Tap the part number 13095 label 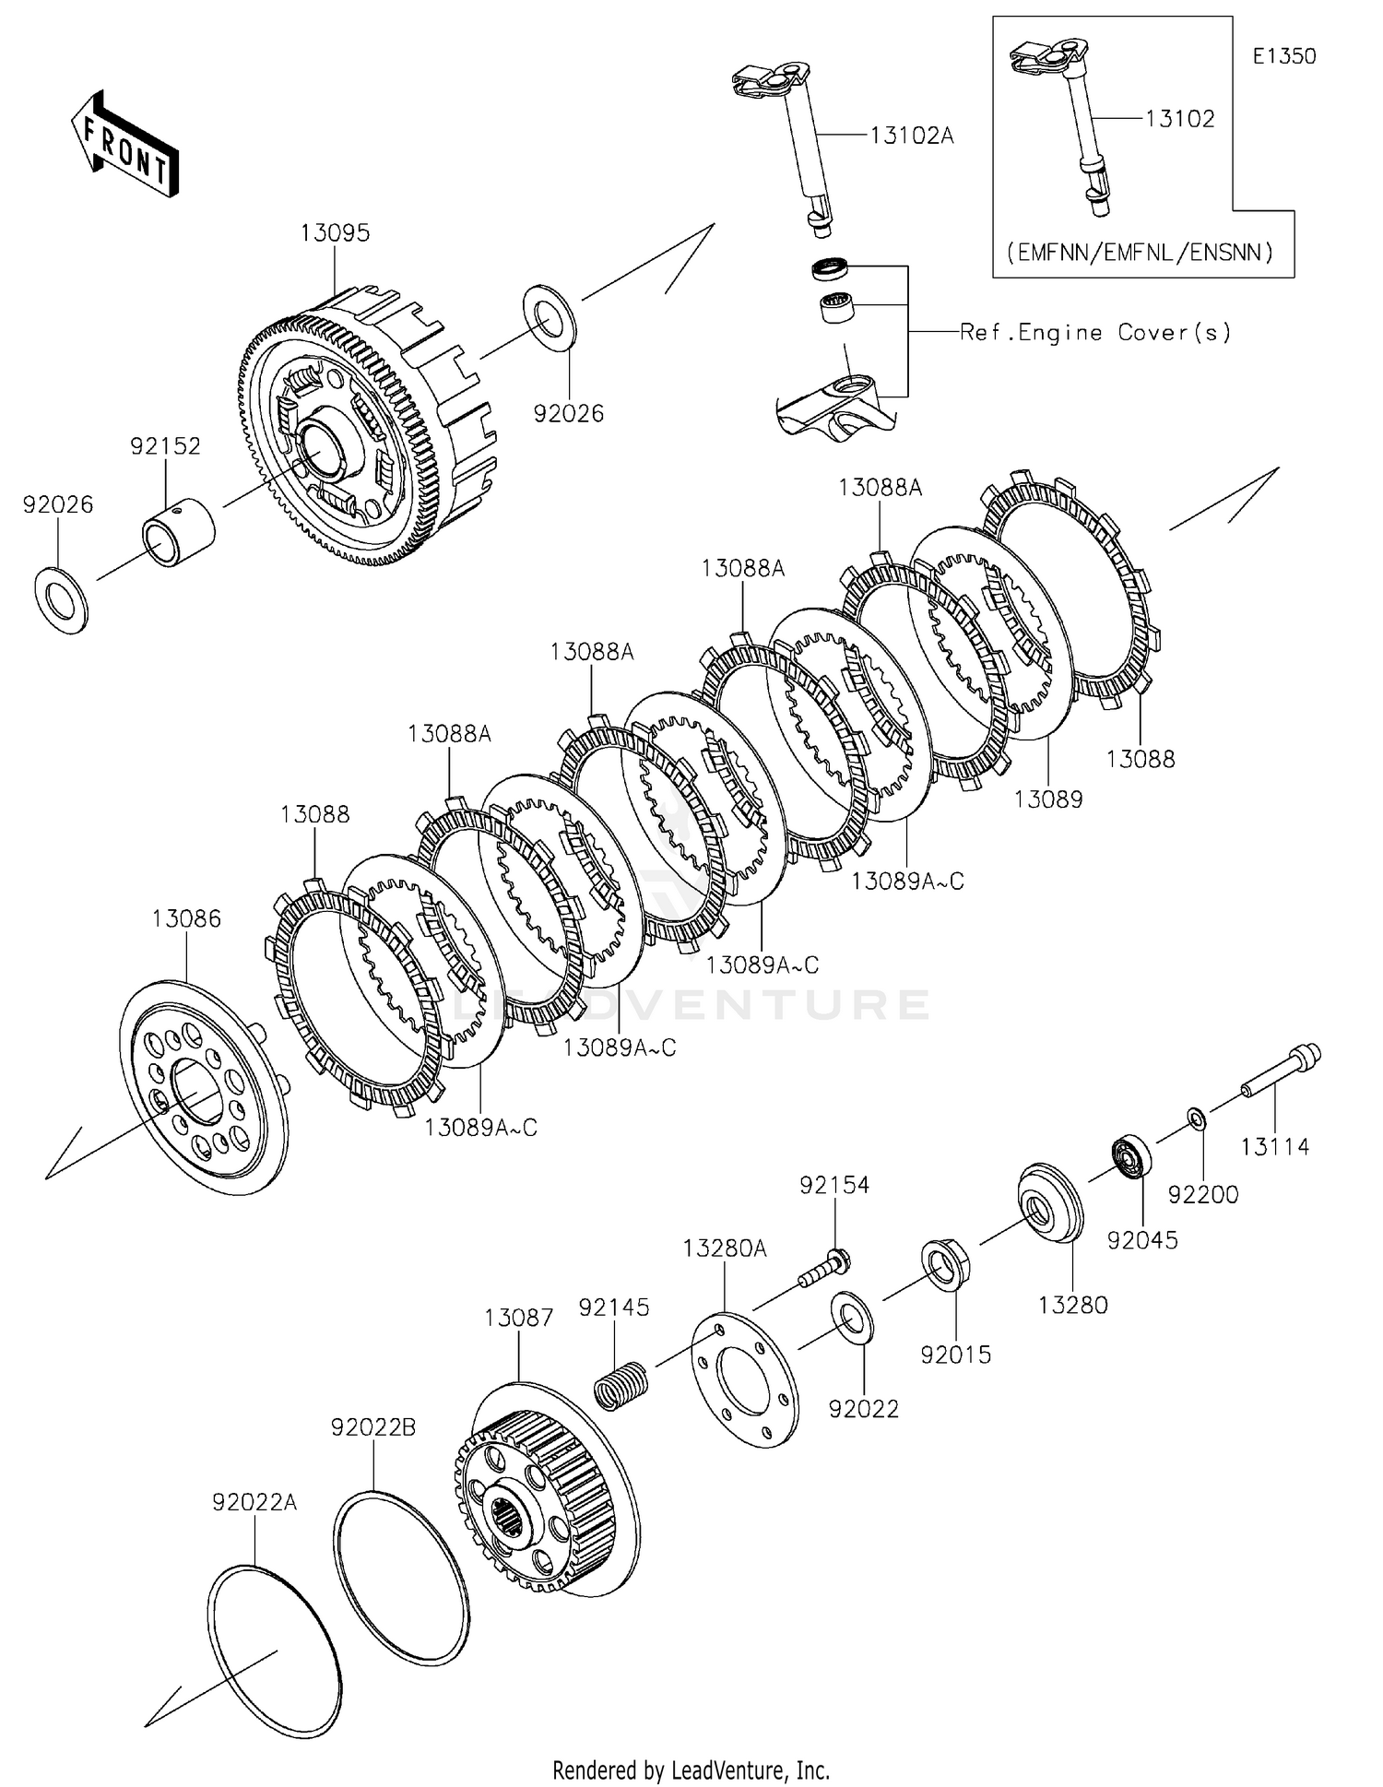[335, 233]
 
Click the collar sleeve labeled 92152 [177, 532]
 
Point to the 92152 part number [165, 446]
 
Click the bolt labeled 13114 [1283, 1072]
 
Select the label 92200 [1203, 1195]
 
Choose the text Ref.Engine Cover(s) [1095, 333]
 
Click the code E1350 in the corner [1283, 56]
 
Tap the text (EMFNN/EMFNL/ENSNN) [1140, 252]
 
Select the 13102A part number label [911, 136]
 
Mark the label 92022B [373, 1427]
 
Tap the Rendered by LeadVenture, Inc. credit [691, 1770]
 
